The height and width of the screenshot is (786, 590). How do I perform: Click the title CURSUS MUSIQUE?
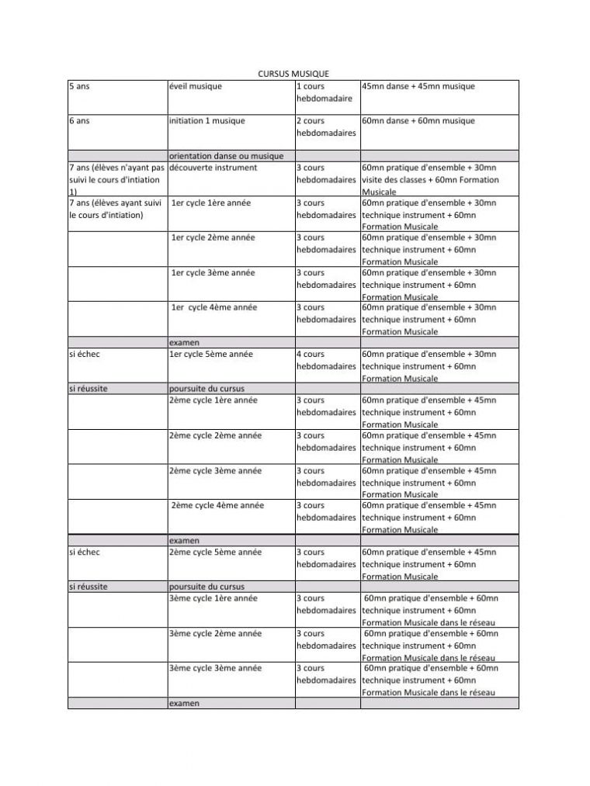tap(293, 73)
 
